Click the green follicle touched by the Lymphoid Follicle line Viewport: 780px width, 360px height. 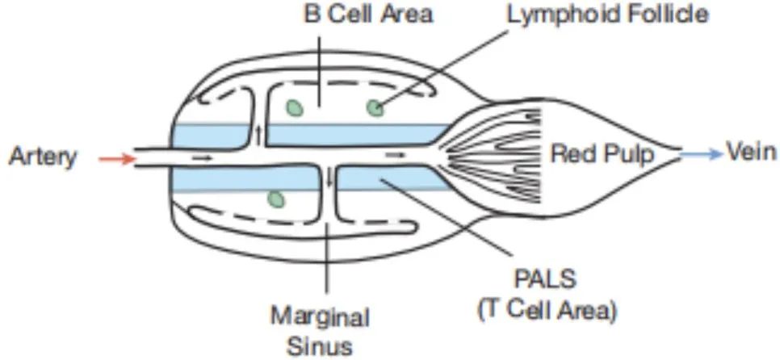pos(375,107)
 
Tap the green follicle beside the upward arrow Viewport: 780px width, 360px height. pos(294,107)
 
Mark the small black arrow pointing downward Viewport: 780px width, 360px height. pos(329,178)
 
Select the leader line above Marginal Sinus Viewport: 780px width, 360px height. pos(325,258)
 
